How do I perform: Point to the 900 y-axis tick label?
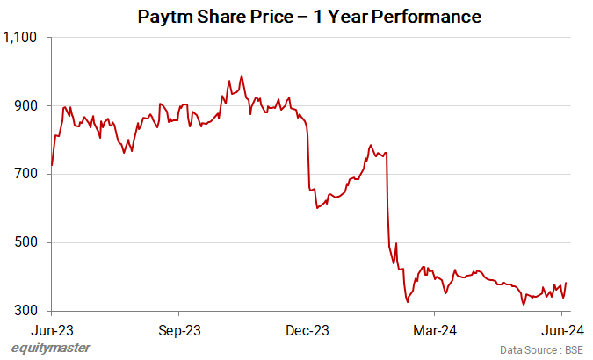(25, 106)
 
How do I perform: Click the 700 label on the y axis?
(25, 174)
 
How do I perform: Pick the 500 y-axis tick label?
(25, 242)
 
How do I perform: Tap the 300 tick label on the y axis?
(25, 311)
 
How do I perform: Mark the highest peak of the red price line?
(242, 76)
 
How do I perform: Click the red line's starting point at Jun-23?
(52, 165)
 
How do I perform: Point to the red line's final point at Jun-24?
(566, 283)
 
